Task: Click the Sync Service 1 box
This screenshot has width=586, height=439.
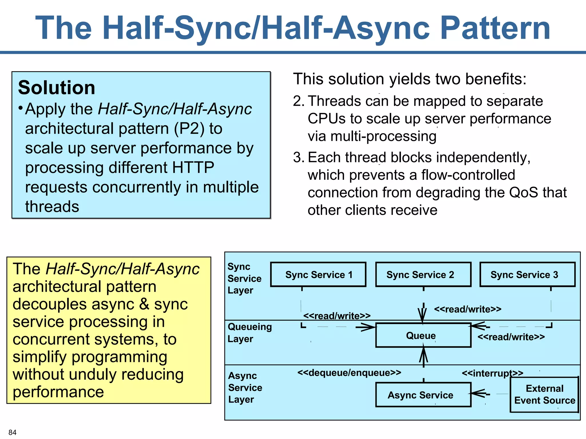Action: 318,274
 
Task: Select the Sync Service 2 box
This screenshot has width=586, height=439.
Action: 423,274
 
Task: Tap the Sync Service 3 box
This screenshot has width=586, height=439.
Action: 527,274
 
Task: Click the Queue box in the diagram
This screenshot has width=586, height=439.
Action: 423,335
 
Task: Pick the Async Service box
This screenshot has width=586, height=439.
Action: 423,395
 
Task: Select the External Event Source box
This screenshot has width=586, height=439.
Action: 544,394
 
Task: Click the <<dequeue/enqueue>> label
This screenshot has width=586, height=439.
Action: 349,372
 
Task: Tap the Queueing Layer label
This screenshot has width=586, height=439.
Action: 249,333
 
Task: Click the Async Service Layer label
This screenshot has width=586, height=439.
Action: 245,387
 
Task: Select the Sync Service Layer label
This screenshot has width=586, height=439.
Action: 244,278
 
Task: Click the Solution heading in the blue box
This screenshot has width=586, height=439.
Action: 57,87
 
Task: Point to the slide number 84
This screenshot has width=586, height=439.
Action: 12,432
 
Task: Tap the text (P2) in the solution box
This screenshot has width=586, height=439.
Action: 189,129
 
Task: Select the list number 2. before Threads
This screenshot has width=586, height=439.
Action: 299,101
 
